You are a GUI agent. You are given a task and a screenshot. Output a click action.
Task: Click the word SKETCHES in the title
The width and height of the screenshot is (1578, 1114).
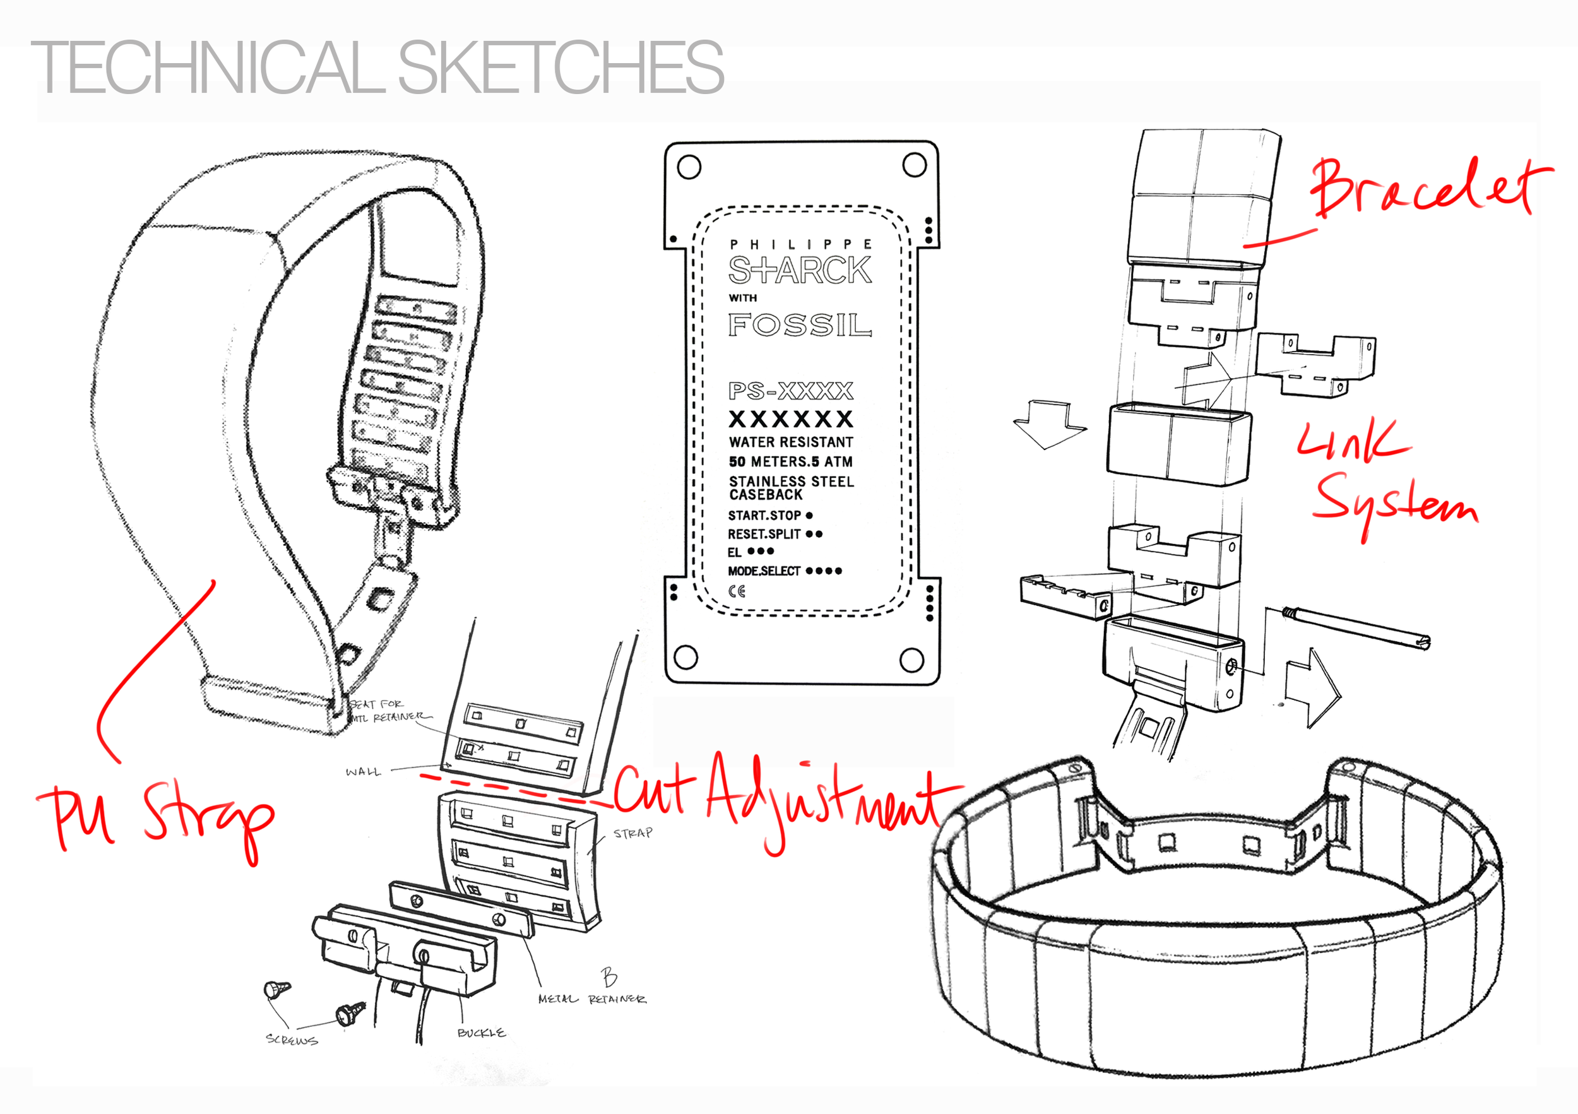pyautogui.click(x=560, y=67)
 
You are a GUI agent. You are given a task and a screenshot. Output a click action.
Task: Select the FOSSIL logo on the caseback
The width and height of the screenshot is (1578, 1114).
pyautogui.click(x=799, y=324)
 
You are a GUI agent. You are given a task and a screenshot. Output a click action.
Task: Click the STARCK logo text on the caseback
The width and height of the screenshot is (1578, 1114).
pyautogui.click(x=799, y=270)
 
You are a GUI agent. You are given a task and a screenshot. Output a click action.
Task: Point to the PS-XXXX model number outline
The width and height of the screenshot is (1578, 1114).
pyautogui.click(x=790, y=390)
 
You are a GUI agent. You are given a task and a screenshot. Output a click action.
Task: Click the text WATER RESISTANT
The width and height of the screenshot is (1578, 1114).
pyautogui.click(x=790, y=442)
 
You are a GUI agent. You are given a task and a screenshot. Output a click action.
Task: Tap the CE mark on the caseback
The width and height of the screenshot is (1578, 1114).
pyautogui.click(x=737, y=590)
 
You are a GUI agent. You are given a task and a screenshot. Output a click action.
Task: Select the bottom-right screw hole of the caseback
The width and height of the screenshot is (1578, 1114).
pyautogui.click(x=911, y=660)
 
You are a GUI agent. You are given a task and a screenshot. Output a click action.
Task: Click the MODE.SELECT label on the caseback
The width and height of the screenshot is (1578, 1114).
pyautogui.click(x=764, y=571)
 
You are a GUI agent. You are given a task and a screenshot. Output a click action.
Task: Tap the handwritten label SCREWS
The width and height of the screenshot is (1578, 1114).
pyautogui.click(x=292, y=1040)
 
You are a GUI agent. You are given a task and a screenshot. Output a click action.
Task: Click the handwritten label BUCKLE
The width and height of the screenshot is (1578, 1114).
pyautogui.click(x=481, y=1032)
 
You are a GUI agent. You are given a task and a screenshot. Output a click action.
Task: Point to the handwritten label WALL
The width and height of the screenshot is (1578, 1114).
pyautogui.click(x=363, y=772)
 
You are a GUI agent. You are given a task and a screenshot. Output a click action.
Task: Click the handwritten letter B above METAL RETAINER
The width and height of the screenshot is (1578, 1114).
pyautogui.click(x=609, y=976)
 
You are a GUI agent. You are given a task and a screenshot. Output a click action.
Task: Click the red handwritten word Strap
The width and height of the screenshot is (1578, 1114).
pyautogui.click(x=206, y=818)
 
